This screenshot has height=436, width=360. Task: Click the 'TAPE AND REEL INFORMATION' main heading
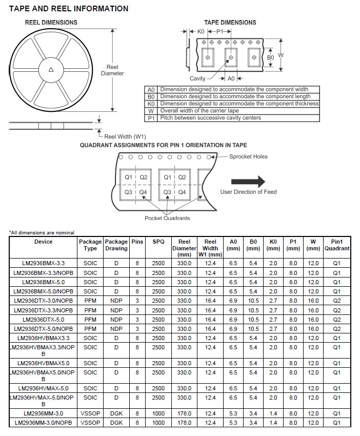click(69, 9)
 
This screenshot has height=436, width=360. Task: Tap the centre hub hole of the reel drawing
click(51, 70)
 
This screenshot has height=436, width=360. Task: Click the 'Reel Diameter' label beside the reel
click(112, 70)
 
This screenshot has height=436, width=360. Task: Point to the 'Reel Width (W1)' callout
click(125, 136)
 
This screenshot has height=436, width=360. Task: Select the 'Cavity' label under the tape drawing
click(197, 78)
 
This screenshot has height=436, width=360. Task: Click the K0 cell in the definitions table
click(151, 104)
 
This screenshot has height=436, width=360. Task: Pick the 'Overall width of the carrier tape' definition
click(199, 110)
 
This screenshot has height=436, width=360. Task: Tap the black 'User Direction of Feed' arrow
click(248, 182)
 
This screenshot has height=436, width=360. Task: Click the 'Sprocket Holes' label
click(248, 156)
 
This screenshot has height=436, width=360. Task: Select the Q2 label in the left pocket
click(144, 177)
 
